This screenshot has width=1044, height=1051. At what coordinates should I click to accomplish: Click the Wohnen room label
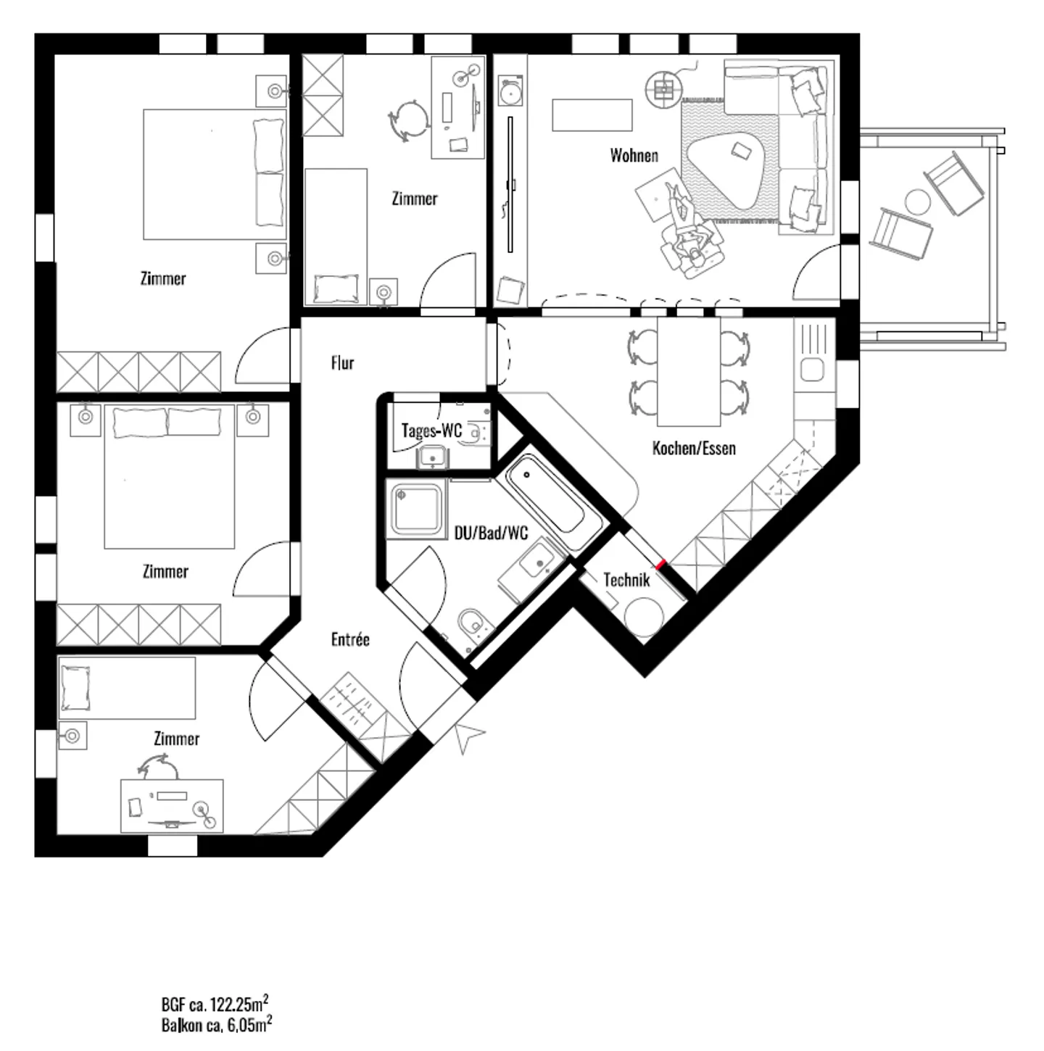coord(634,156)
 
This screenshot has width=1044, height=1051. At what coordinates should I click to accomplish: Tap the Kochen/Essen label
coord(694,449)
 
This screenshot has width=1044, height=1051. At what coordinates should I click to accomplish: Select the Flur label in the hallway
coord(342,362)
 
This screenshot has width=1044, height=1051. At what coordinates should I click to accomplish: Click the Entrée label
coord(350,639)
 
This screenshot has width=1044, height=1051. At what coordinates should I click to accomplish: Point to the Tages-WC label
coord(431,431)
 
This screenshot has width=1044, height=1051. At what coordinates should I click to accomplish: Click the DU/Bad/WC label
coord(491,533)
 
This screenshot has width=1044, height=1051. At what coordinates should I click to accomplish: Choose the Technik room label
coord(626,580)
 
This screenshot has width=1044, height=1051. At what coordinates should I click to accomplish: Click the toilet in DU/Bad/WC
coord(472,623)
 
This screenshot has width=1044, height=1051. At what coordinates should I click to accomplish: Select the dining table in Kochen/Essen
coord(689,372)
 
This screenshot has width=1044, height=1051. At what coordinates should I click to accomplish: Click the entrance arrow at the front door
coord(468,736)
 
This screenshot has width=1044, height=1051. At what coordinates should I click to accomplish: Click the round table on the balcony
coord(917,202)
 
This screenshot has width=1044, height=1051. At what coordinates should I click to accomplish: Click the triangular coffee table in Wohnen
coord(725,172)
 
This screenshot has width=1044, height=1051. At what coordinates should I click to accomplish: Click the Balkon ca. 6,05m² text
coord(217,1025)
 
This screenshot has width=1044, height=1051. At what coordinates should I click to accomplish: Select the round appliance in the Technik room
coord(643,616)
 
